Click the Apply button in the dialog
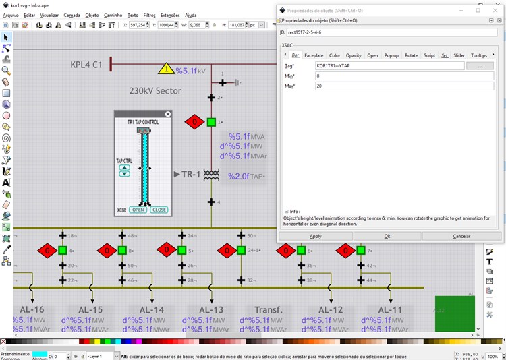tap(315, 236)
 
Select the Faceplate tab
tap(313, 55)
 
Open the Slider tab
tap(459, 55)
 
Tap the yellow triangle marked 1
tap(167, 69)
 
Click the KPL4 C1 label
tap(86, 65)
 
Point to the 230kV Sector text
tap(155, 90)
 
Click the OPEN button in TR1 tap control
tap(138, 210)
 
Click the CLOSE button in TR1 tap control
tap(159, 210)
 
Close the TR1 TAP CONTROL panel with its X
tap(168, 115)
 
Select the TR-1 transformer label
tap(191, 175)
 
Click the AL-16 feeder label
tap(32, 310)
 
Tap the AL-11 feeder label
tap(389, 310)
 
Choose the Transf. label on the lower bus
tap(268, 310)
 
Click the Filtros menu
tap(149, 14)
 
